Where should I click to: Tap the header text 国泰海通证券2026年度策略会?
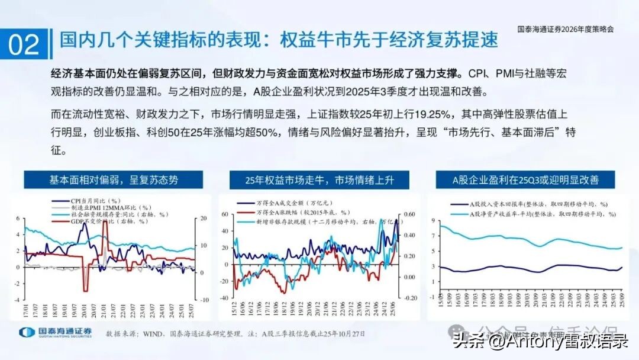click(x=565, y=28)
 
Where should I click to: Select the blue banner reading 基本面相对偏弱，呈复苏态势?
click(x=114, y=179)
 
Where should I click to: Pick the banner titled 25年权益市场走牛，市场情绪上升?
click(x=319, y=179)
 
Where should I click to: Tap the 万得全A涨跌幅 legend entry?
click(x=290, y=212)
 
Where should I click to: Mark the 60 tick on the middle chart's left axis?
click(x=224, y=214)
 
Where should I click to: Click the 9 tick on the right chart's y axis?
click(x=434, y=220)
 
